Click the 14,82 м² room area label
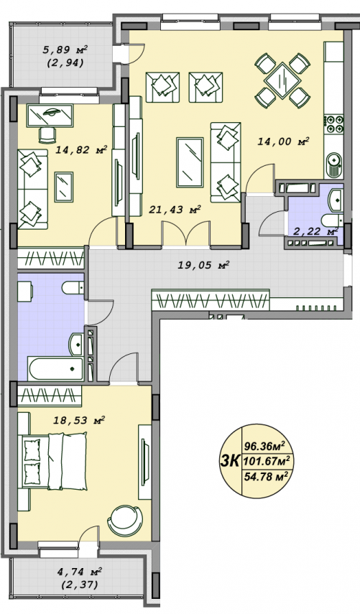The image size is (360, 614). tap(81, 150)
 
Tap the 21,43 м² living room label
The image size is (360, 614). tap(175, 210)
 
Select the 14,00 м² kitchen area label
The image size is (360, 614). tap(284, 141)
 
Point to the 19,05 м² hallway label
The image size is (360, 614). tap(203, 265)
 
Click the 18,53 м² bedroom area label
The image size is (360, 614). tap(79, 421)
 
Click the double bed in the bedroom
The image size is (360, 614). tap(55, 461)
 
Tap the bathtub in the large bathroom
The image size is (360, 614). tap(55, 368)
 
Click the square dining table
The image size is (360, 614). tap(282, 81)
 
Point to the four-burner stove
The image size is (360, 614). tap(334, 124)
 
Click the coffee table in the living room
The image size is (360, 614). tap(190, 162)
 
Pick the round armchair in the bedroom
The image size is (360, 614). tap(124, 521)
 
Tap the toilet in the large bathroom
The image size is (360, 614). tap(73, 288)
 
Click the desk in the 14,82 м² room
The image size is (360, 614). tap(50, 116)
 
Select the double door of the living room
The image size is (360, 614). tap(186, 235)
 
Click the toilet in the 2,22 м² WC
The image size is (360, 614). tap(332, 220)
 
